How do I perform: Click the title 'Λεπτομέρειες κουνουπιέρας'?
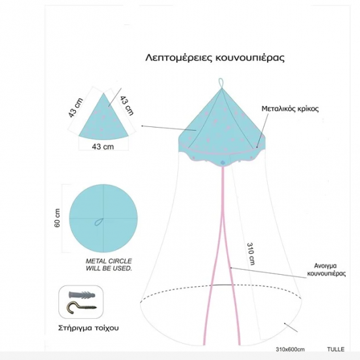[x=215, y=58]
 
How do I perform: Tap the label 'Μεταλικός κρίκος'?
[x=290, y=109]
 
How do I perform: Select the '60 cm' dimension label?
[x=57, y=218]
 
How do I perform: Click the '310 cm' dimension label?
[x=251, y=253]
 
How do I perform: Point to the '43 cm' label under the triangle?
[x=103, y=147]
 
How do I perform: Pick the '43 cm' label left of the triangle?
[x=76, y=108]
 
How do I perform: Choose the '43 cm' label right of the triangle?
[x=126, y=105]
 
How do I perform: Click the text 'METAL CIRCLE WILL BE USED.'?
[x=109, y=264]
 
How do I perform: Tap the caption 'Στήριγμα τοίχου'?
[x=88, y=328]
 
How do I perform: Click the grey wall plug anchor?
[x=82, y=295]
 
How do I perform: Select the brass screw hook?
[x=81, y=307]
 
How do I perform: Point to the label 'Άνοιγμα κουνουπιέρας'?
[x=326, y=270]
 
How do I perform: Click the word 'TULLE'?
[x=336, y=350]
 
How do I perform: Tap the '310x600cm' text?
[x=290, y=350]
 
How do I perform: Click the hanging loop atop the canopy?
[x=221, y=83]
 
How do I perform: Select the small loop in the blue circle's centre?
[x=99, y=222]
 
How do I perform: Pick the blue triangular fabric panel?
[x=103, y=119]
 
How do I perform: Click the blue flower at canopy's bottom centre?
[x=222, y=163]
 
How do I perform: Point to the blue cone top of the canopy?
[x=222, y=119]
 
